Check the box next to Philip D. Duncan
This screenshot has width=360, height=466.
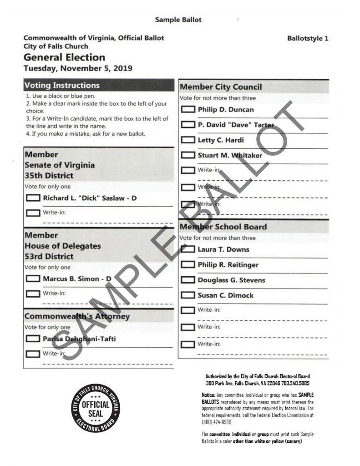pyautogui.click(x=188, y=110)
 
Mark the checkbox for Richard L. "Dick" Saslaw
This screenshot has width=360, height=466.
pyautogui.click(x=33, y=198)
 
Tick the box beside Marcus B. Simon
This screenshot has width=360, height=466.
pyautogui.click(x=33, y=279)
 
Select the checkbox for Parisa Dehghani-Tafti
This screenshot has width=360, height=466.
pyautogui.click(x=33, y=339)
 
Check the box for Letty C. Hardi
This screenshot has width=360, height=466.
pyautogui.click(x=188, y=140)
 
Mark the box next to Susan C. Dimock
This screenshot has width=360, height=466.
pyautogui.click(x=188, y=295)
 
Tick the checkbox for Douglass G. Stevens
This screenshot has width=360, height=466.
pyautogui.click(x=188, y=280)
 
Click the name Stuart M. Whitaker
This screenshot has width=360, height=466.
pyautogui.click(x=230, y=155)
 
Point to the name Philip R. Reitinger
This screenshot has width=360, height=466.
pyautogui.click(x=228, y=264)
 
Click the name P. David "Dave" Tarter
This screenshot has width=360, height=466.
pyautogui.click(x=236, y=125)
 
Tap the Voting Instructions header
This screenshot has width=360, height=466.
pyautogui.click(x=62, y=86)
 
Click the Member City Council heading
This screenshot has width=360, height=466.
pyautogui.click(x=221, y=87)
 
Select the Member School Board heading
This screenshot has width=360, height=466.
pyautogui.click(x=223, y=227)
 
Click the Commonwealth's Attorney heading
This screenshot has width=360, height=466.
pyautogui.click(x=77, y=316)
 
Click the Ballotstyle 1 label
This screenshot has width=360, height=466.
pyautogui.click(x=308, y=39)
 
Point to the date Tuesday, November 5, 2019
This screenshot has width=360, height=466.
pyautogui.click(x=78, y=69)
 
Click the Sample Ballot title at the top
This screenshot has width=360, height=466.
pyautogui.click(x=178, y=20)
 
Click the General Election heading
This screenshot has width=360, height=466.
pyautogui.click(x=64, y=57)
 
